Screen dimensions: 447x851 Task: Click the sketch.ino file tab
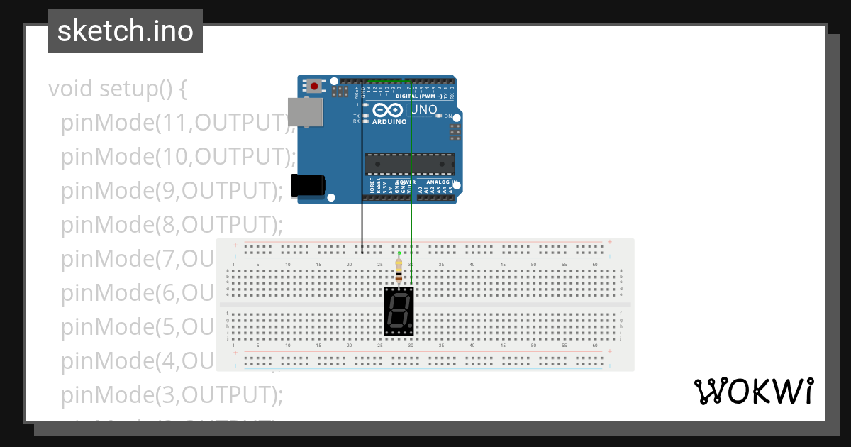coord(126,31)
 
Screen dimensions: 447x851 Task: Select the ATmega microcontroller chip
coord(409,164)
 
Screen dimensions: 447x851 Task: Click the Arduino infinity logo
coord(388,111)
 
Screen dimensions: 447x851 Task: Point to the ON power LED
coord(439,116)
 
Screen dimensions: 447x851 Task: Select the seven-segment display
coord(399,311)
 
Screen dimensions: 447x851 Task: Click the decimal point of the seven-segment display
coord(410,330)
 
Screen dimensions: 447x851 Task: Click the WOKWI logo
coord(752,391)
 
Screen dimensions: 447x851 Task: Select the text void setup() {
coord(118,89)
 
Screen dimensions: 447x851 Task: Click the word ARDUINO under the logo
coord(389,122)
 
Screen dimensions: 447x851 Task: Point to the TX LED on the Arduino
coord(366,116)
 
